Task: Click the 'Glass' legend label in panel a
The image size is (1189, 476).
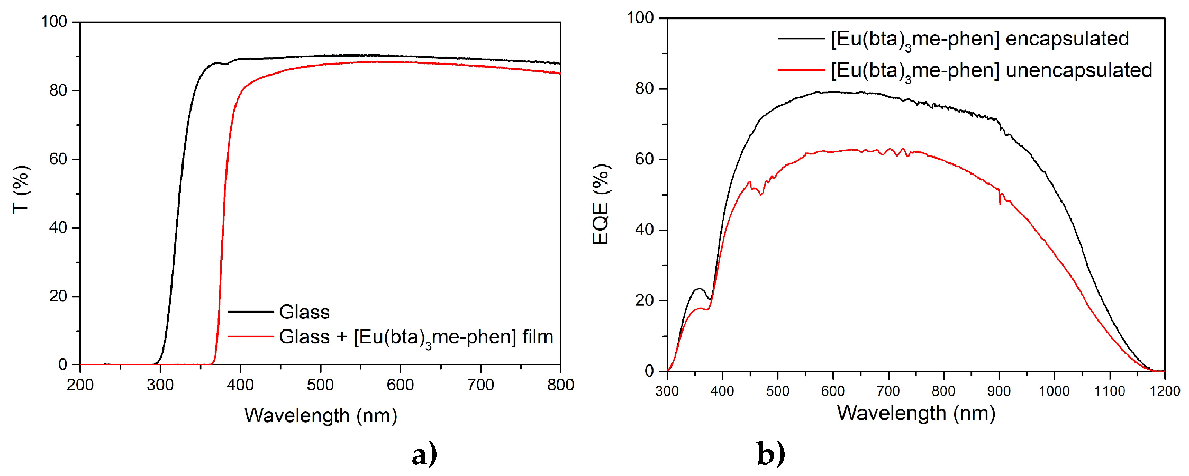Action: coord(304,312)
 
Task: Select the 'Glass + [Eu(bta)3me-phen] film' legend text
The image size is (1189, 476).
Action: coord(416,337)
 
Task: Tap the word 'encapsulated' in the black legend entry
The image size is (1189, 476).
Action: coord(1067,39)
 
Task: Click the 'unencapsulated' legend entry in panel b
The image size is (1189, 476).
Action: coord(1078,70)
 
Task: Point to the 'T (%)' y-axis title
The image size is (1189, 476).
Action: coord(21,189)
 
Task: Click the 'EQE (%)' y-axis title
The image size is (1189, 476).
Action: coord(601,204)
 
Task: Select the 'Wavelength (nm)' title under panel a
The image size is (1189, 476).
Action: coord(321,415)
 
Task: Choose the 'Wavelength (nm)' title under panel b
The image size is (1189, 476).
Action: coord(916,413)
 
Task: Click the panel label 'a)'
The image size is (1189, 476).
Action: coord(424,454)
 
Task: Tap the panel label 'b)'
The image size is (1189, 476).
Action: coord(770,454)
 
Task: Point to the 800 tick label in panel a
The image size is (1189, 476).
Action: coord(560,385)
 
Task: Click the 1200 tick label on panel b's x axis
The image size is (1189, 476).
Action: coord(1165,391)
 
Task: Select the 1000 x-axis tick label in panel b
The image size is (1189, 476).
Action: coord(1054,391)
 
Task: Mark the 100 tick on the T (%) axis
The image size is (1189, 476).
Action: coord(54,22)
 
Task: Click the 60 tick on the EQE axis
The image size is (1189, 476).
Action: coord(644,159)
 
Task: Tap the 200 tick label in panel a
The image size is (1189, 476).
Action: coord(80,385)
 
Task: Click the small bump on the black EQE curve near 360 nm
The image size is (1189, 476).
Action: coord(700,289)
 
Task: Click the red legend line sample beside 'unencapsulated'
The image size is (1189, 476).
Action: coord(801,70)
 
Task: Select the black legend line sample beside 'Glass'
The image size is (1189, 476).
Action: coord(250,312)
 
